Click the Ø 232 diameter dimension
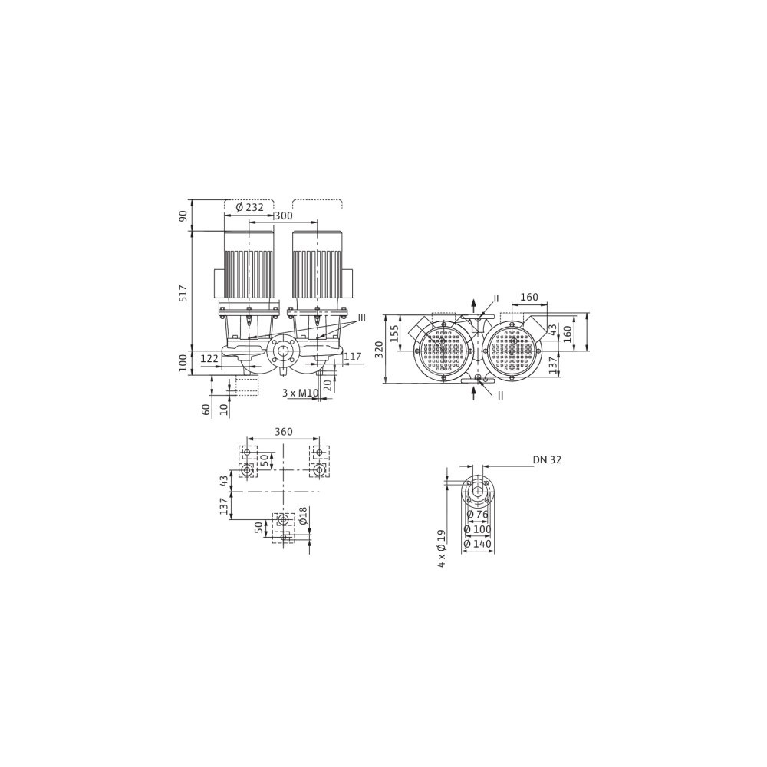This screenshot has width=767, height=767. tap(249, 207)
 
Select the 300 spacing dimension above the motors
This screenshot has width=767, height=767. tap(283, 216)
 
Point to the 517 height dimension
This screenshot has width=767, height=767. tap(183, 292)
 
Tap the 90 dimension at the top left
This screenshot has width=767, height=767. tap(183, 216)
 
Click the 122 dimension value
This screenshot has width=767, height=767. tap(209, 358)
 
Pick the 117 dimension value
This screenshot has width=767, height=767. tap(353, 357)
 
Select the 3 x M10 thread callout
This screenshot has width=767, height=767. tap(301, 393)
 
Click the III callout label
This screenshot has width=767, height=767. tap(361, 318)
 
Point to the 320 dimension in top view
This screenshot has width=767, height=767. tap(379, 349)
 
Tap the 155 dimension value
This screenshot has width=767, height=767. tap(393, 334)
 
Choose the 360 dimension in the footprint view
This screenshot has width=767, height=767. tap(283, 431)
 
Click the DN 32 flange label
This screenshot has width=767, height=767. tap(548, 459)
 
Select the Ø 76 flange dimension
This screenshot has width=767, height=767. tap(477, 514)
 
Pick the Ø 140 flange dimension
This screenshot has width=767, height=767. tap(477, 544)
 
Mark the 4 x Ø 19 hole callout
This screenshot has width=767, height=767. tap(442, 548)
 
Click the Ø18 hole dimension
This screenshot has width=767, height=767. tap(303, 515)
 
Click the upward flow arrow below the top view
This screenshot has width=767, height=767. tap(473, 392)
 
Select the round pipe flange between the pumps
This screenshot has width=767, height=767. tap(281, 351)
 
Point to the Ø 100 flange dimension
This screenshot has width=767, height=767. tap(477, 528)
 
